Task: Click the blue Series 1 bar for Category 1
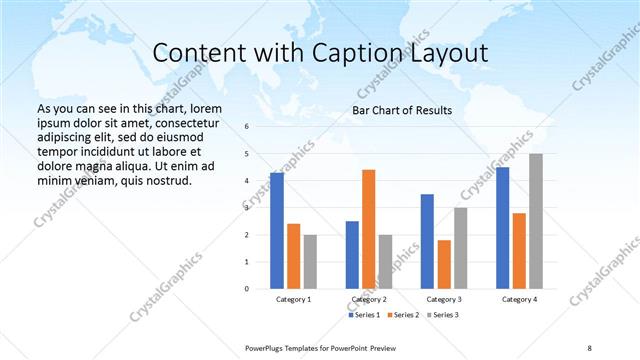(277, 230)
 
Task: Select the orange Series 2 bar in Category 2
(368, 229)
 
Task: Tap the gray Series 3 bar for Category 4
(536, 221)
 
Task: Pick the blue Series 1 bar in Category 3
(427, 241)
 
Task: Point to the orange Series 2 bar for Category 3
(444, 264)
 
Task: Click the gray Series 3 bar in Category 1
(310, 261)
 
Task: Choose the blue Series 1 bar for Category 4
(502, 227)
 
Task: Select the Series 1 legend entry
(363, 315)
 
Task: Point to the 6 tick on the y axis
(247, 127)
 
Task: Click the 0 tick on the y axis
(247, 289)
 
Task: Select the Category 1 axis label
(293, 299)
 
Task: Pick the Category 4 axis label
(519, 299)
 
